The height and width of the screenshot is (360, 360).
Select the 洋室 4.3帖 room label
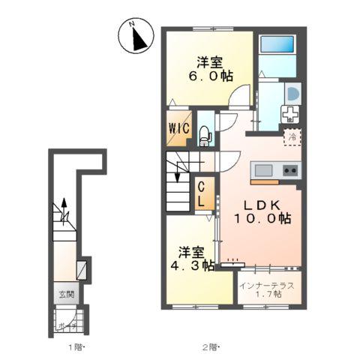[x=192, y=256]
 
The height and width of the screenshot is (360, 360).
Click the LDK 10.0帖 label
[x=260, y=211]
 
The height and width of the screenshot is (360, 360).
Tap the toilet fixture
[x=205, y=135]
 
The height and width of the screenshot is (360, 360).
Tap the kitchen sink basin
[x=263, y=171]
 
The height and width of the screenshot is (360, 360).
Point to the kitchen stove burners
[x=290, y=171]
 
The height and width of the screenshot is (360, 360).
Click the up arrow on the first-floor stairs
[x=64, y=204]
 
